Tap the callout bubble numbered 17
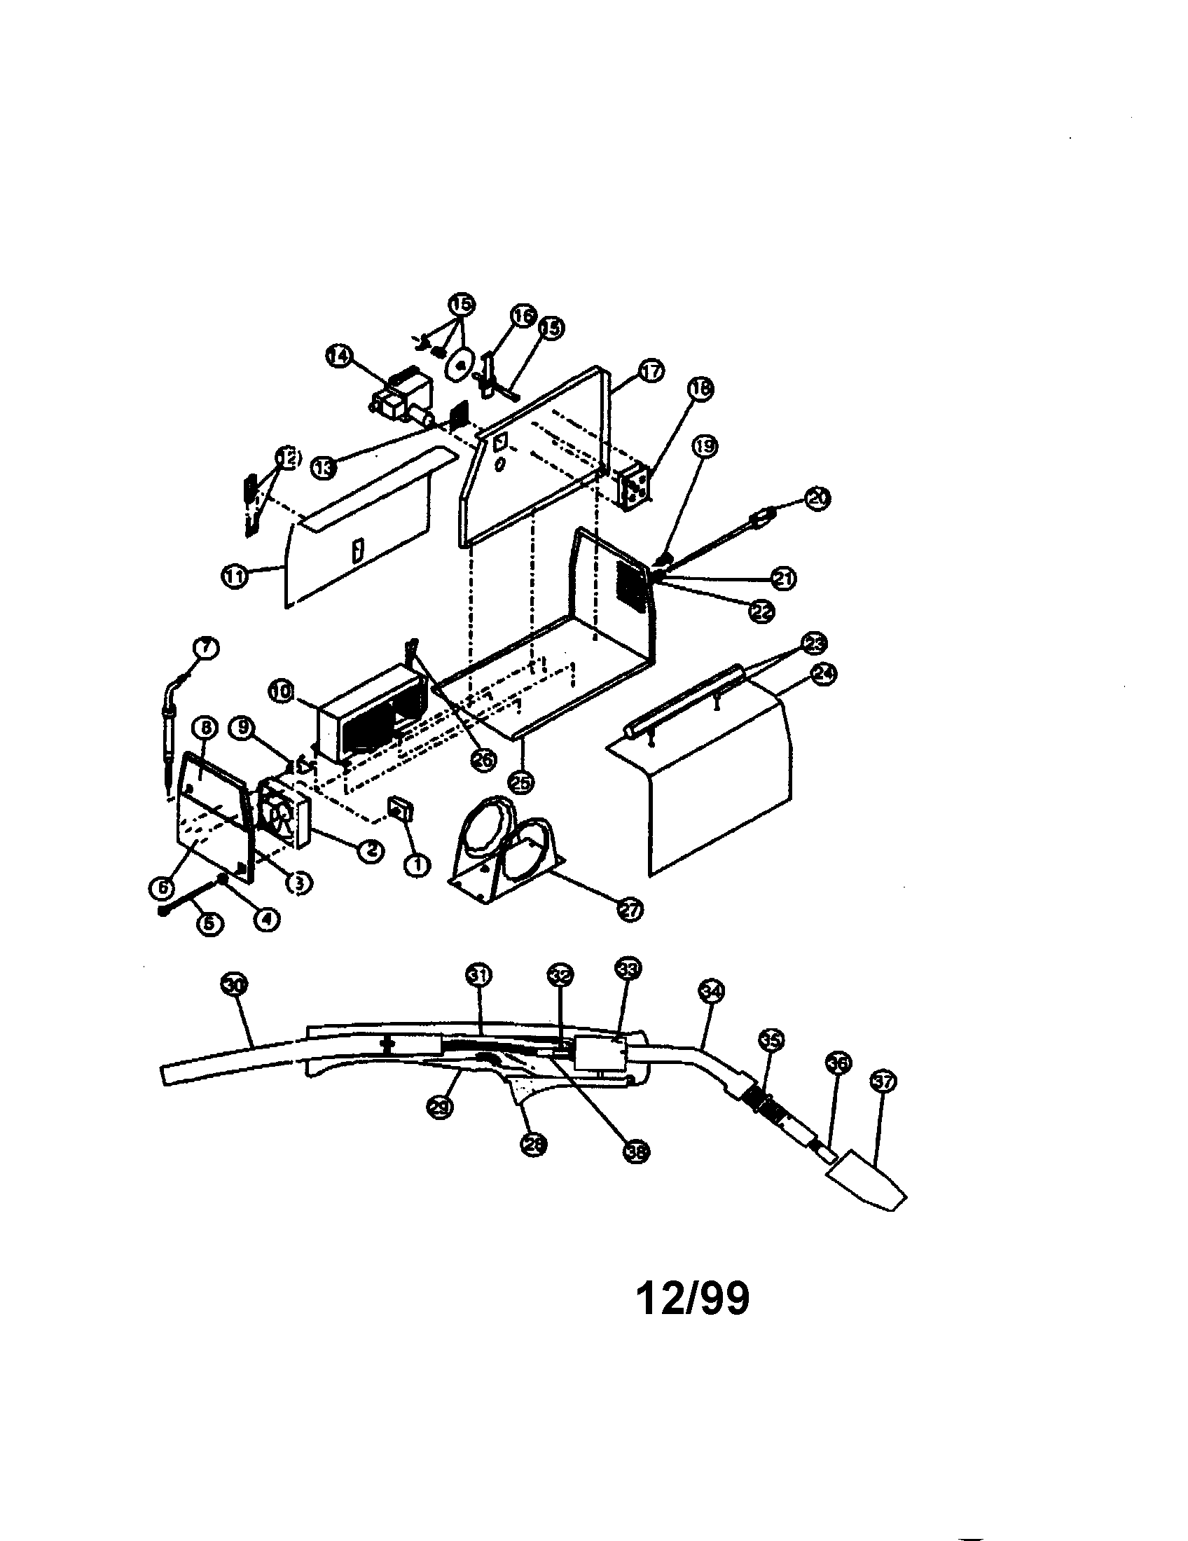click(x=651, y=371)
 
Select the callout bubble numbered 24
click(x=823, y=674)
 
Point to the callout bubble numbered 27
click(x=630, y=910)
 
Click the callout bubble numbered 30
click(x=234, y=984)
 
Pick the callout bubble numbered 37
click(x=883, y=1081)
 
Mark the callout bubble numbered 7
click(x=206, y=647)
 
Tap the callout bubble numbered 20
click(x=817, y=498)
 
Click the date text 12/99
click(x=692, y=1298)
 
